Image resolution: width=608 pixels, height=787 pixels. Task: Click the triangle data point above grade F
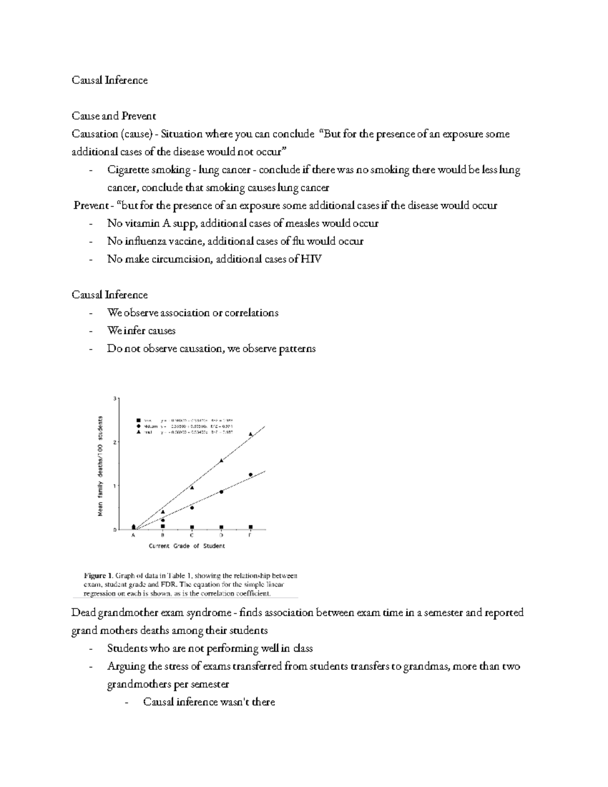click(x=250, y=434)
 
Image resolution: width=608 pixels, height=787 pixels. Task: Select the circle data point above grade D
click(x=221, y=492)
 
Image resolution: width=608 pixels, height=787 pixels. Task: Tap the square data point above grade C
click(x=192, y=527)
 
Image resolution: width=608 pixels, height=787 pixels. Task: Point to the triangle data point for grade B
click(x=163, y=512)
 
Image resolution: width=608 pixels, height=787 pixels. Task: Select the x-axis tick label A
click(x=133, y=535)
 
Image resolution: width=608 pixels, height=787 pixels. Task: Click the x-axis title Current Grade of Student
click(x=186, y=546)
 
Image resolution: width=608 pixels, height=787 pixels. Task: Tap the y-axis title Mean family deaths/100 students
click(x=100, y=466)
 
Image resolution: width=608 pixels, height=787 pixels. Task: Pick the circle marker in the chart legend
click(x=138, y=426)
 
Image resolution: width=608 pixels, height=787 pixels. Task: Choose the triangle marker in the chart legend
click(x=138, y=432)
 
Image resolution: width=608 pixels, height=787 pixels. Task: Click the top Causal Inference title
click(x=109, y=80)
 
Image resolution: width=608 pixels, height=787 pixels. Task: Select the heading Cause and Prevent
click(x=113, y=116)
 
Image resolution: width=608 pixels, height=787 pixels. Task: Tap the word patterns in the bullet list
click(x=297, y=349)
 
